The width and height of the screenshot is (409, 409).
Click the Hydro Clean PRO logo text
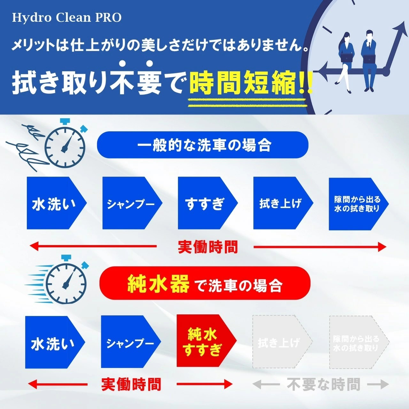click(67, 18)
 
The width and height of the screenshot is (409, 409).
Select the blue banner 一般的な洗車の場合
click(203, 145)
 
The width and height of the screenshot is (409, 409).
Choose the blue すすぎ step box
click(208, 203)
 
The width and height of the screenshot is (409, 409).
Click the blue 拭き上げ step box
click(283, 203)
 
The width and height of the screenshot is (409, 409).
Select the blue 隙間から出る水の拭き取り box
click(359, 204)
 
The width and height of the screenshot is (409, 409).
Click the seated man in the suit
click(369, 59)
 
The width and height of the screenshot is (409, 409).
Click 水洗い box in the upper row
click(57, 203)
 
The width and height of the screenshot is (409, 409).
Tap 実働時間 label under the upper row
click(207, 247)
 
